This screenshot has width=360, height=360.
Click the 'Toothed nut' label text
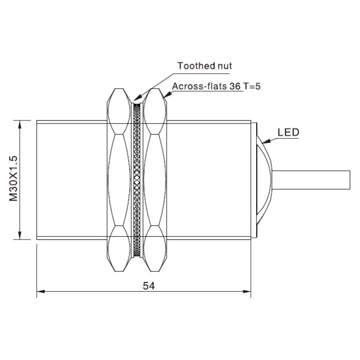(205, 66)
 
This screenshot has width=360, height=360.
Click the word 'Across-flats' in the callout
(200, 86)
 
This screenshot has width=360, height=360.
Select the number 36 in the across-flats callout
(235, 86)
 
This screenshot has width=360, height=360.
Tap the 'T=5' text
(252, 86)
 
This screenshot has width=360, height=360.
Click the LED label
(289, 133)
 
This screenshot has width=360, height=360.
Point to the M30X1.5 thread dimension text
(13, 178)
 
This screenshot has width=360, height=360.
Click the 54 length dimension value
(149, 286)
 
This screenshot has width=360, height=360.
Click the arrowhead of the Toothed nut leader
(137, 98)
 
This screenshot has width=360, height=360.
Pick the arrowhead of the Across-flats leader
(167, 95)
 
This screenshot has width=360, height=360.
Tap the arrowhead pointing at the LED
(266, 141)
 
